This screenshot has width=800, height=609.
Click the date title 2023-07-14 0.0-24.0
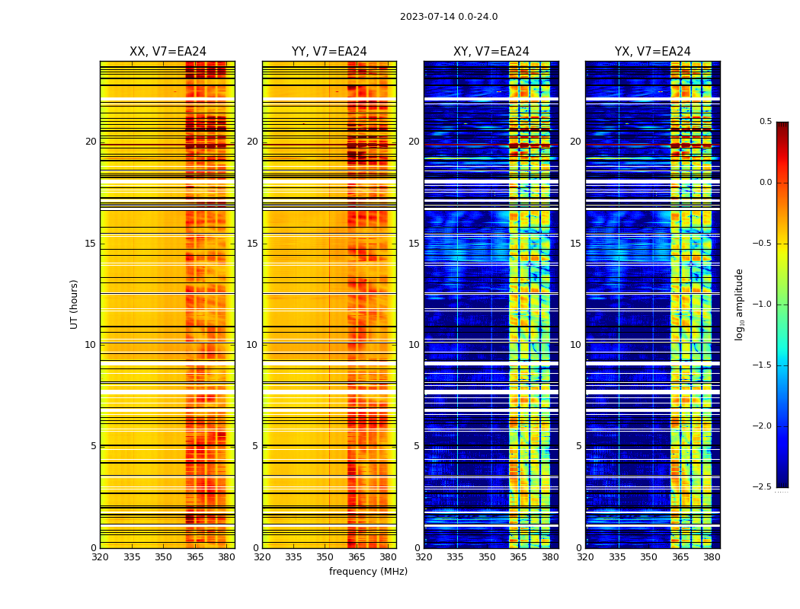pyautogui.click(x=449, y=17)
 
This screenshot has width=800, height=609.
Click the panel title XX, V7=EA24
pyautogui.click(x=168, y=52)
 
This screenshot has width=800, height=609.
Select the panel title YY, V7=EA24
pyautogui.click(x=329, y=52)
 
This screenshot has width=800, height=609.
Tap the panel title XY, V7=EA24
pyautogui.click(x=491, y=52)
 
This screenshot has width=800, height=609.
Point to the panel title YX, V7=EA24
pyautogui.click(x=652, y=52)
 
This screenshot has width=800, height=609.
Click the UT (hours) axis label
pyautogui.click(x=74, y=304)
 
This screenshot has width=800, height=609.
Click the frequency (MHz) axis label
pyautogui.click(x=368, y=572)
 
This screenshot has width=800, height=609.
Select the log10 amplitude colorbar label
pyautogui.click(x=739, y=304)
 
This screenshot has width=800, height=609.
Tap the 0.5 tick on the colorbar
pyautogui.click(x=765, y=122)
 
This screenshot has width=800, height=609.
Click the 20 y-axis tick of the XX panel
pyautogui.click(x=91, y=142)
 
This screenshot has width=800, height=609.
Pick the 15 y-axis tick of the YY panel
pyautogui.click(x=252, y=244)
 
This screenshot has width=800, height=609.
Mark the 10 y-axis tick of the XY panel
pyautogui.click(x=414, y=345)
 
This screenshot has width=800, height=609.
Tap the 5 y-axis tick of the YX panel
pyautogui.click(x=578, y=446)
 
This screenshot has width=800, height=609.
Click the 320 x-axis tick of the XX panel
pyautogui.click(x=100, y=557)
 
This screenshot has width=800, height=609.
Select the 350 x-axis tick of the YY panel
pyautogui.click(x=325, y=557)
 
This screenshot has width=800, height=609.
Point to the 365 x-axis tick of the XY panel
pyautogui.click(x=518, y=557)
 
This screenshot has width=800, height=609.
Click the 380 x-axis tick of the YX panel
pyautogui.click(x=712, y=557)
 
